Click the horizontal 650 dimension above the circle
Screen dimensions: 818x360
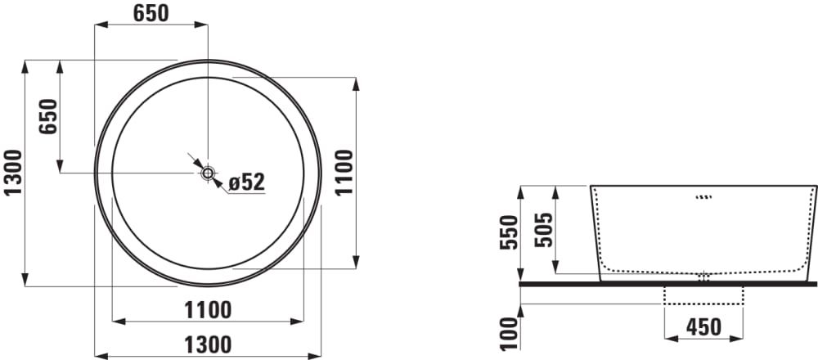pos(151,14)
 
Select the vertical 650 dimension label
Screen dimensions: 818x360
pos(48,116)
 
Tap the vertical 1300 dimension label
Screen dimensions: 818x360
pos(14,173)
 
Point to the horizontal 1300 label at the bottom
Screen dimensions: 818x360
pos(208,345)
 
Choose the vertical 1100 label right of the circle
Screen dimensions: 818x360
pos(345,173)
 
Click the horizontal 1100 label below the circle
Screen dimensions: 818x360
pos(208,310)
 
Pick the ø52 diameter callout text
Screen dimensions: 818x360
pos(247,182)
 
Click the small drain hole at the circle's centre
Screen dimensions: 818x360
pos(208,173)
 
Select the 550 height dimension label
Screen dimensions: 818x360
pos(510,232)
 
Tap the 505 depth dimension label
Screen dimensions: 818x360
pos(544,230)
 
